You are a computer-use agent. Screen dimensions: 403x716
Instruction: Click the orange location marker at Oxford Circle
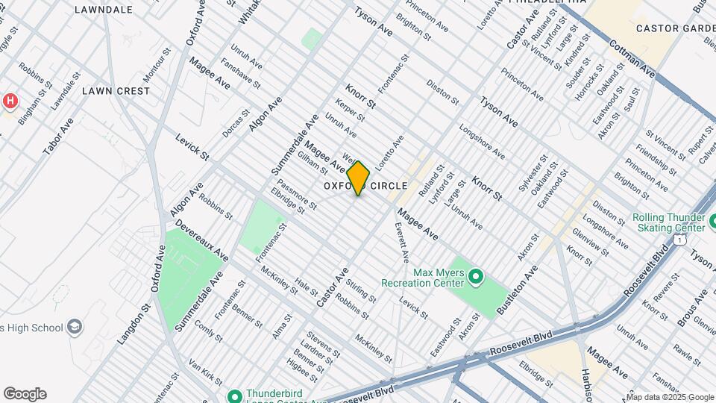point(358,178)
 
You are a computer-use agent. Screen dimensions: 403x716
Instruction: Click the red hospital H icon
point(10,101)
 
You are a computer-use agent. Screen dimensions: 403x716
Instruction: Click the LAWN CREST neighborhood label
point(116,91)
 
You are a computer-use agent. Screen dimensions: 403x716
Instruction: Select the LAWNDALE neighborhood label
point(104,10)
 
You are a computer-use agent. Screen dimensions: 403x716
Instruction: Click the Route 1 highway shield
point(679,240)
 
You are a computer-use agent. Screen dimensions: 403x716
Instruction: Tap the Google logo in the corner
point(25,394)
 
